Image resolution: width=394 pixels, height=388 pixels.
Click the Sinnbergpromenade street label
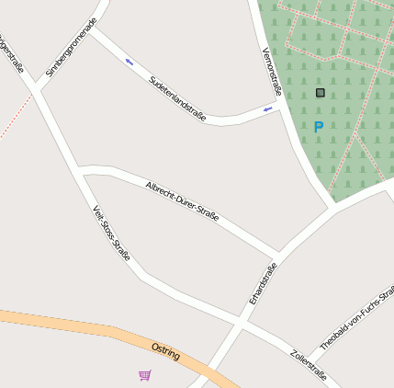71,46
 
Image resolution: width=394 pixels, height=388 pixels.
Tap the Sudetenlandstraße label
177,98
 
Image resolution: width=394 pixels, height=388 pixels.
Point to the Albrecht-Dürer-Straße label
182,201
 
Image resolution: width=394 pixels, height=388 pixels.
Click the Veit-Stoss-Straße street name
111,233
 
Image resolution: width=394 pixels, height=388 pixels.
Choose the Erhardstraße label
263,284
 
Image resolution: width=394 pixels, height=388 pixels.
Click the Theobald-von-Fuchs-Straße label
357,318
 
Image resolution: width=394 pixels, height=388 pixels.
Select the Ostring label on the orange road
165,351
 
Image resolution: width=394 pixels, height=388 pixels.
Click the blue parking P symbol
319,127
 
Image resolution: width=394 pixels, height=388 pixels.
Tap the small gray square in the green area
321,93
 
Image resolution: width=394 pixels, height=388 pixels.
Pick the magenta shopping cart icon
145,375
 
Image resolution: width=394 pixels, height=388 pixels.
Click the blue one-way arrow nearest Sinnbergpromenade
129,63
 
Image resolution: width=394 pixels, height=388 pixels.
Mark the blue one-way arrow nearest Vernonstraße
268,110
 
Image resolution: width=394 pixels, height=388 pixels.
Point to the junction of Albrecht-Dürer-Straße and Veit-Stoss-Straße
80,171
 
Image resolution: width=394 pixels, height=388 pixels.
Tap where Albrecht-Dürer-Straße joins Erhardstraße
276,255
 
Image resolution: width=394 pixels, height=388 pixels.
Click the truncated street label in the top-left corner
13,55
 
